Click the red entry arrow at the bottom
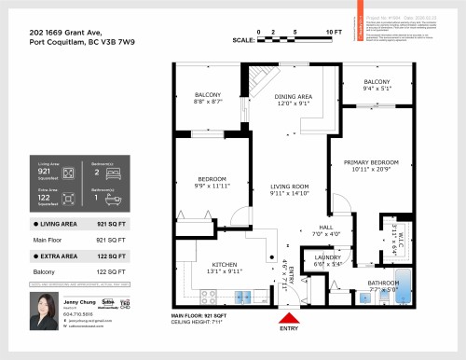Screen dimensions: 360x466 point(289,316)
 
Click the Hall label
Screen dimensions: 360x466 point(325,227)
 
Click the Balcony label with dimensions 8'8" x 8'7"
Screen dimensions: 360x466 point(207,96)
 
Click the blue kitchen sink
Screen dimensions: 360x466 point(245,298)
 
